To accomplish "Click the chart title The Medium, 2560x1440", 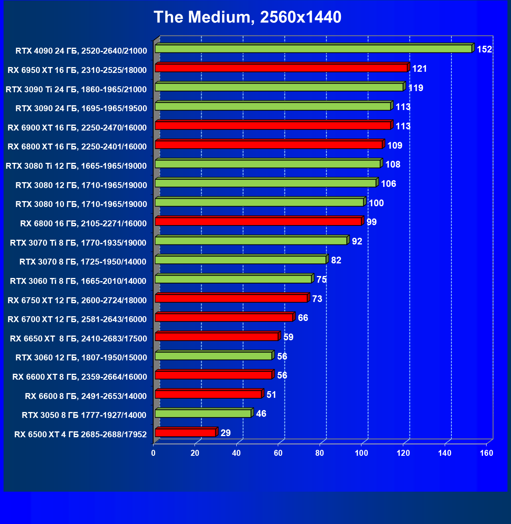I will (x=247, y=17).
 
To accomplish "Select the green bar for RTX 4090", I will (x=313, y=48).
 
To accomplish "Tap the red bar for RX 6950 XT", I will (x=281, y=68).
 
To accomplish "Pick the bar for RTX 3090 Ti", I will (x=279, y=87).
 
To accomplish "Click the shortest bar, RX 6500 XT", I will (x=185, y=433).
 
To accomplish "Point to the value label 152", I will (x=484, y=49).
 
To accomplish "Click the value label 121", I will (x=419, y=69).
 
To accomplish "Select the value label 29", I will (x=225, y=433).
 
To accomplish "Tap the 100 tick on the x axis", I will (x=361, y=453).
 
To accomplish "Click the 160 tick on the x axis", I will (x=487, y=453).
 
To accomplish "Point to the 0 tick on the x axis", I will (x=153, y=453).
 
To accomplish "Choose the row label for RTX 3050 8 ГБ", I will (x=84, y=415).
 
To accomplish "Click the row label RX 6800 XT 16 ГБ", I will (x=77, y=147).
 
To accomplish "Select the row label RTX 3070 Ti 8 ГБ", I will (x=78, y=243).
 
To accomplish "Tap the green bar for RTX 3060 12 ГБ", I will (x=213, y=356).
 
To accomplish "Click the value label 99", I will (x=371, y=222).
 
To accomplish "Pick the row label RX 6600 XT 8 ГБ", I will (x=80, y=377).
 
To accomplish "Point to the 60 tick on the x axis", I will (x=278, y=453).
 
